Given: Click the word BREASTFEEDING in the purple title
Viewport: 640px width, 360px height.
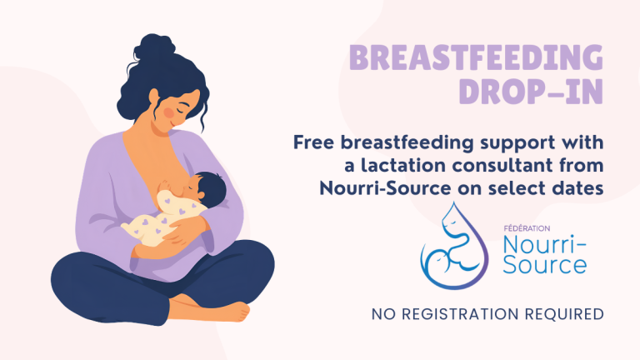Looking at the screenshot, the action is pos(476,57).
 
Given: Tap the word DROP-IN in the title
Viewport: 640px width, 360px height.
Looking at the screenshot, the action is pos(531,92).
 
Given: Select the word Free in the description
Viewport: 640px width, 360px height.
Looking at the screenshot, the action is pos(313,142).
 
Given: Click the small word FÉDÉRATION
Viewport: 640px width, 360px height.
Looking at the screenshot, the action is pos(527,228).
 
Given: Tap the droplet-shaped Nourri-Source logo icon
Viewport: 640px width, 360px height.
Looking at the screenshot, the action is pos(454,246).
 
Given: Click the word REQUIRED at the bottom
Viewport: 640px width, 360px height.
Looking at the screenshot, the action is pos(564,314).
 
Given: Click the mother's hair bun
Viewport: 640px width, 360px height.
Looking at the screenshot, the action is pos(155,47).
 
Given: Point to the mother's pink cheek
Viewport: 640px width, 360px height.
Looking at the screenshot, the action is pos(169,112).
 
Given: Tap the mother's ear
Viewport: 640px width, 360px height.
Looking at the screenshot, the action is pos(153,97).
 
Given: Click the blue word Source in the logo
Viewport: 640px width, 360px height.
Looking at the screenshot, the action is pos(545,264).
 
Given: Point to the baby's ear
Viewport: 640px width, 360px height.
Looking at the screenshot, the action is pos(201,195).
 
